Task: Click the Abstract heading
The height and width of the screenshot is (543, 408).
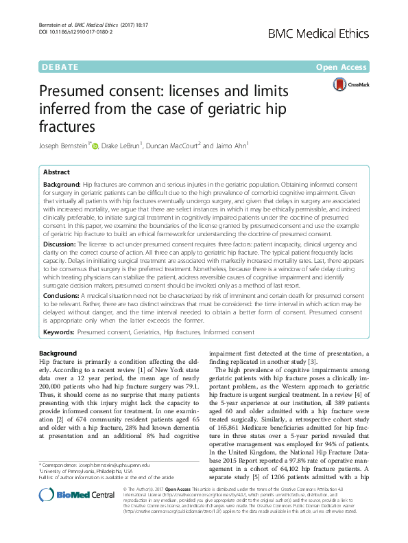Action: pyautogui.click(x=56, y=172)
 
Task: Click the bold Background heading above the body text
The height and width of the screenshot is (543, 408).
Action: pyautogui.click(x=58, y=353)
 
